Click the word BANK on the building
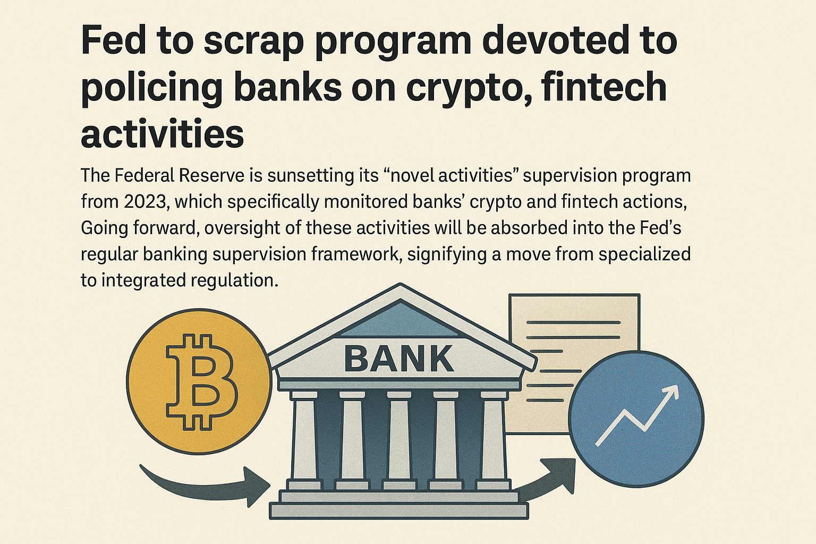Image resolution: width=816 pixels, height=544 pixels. pyautogui.click(x=399, y=359)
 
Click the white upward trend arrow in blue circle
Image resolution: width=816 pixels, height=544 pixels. pyautogui.click(x=637, y=415)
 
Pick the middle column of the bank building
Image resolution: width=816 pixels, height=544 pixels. pyautogui.click(x=399, y=441)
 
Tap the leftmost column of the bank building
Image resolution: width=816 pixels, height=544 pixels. pyautogui.click(x=304, y=441)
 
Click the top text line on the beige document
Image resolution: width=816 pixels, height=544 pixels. pyautogui.click(x=573, y=322)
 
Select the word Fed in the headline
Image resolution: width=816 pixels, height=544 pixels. pyautogui.click(x=113, y=40)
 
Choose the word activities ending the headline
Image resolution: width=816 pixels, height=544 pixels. pyautogui.click(x=162, y=133)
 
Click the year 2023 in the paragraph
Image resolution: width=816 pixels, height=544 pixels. pyautogui.click(x=144, y=202)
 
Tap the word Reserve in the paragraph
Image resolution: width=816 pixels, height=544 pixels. pyautogui.click(x=211, y=176)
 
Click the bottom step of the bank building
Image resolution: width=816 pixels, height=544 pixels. pyautogui.click(x=399, y=511)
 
